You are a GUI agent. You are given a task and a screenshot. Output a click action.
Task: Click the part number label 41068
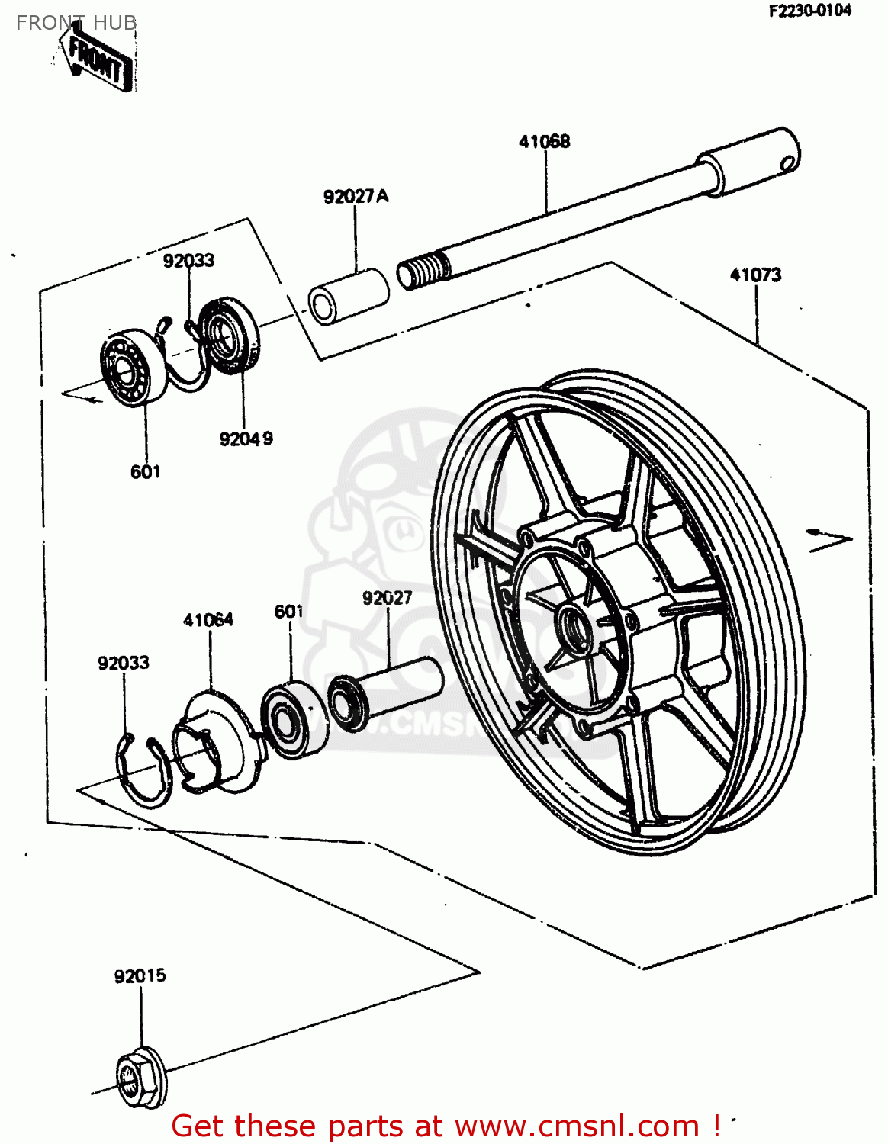[x=544, y=141]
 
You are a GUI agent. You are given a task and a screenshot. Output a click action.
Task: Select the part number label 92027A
[x=356, y=196]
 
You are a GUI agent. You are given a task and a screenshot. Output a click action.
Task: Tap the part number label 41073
[x=755, y=275]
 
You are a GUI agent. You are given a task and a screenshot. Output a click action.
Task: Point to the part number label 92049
[x=246, y=439]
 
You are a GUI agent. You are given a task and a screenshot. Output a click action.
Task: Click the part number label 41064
[x=208, y=619]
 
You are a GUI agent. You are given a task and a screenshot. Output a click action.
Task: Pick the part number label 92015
[x=140, y=976]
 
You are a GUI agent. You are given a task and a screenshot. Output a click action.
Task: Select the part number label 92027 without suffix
[x=387, y=598]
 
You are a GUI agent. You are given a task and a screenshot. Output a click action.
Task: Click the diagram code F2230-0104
[x=809, y=11]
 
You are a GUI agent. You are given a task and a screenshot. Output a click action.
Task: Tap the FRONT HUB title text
[x=76, y=23]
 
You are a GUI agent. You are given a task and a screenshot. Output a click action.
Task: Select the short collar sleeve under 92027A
[x=349, y=295]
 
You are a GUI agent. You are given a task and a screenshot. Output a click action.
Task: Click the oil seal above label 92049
[x=230, y=336]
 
